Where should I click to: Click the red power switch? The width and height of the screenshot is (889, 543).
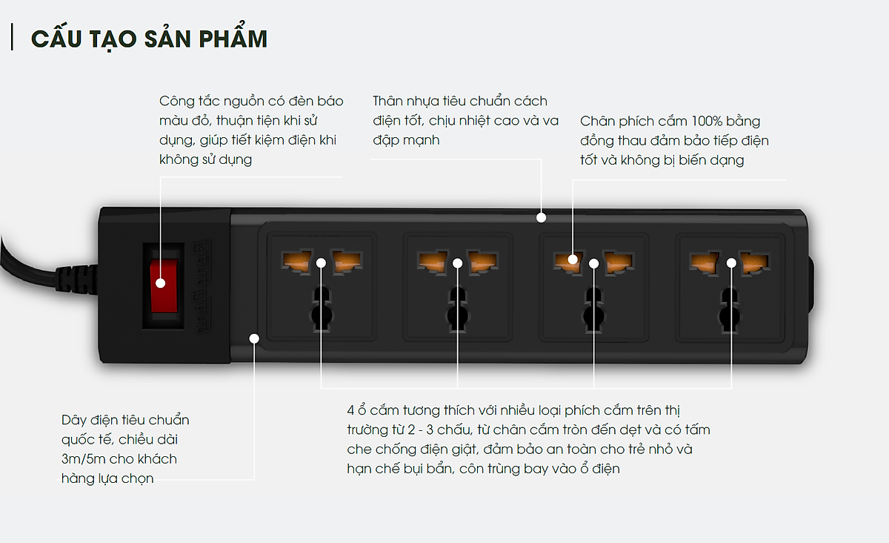click(x=164, y=286)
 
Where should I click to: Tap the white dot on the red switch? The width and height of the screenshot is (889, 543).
click(x=160, y=283)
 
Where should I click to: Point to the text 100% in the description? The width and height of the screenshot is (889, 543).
click(x=707, y=121)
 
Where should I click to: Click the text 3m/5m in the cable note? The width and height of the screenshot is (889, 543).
click(x=83, y=459)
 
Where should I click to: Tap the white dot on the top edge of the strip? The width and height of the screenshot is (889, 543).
click(x=541, y=217)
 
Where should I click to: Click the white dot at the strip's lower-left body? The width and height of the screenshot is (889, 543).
click(x=254, y=338)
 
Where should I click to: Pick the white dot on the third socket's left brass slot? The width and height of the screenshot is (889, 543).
click(x=572, y=260)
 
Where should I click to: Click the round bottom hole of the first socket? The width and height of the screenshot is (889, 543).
click(x=322, y=316)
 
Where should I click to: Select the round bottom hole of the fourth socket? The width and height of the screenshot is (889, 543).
click(x=730, y=317)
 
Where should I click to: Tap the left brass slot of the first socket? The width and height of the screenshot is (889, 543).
click(x=296, y=261)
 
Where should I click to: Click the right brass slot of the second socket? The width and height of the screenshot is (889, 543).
click(x=482, y=262)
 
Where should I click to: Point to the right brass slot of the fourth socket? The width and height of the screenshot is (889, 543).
click(x=755, y=263)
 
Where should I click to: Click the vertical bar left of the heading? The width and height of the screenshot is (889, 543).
click(x=13, y=37)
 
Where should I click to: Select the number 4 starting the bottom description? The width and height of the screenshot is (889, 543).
click(x=350, y=410)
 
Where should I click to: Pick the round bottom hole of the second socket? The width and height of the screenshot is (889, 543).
click(x=458, y=317)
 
